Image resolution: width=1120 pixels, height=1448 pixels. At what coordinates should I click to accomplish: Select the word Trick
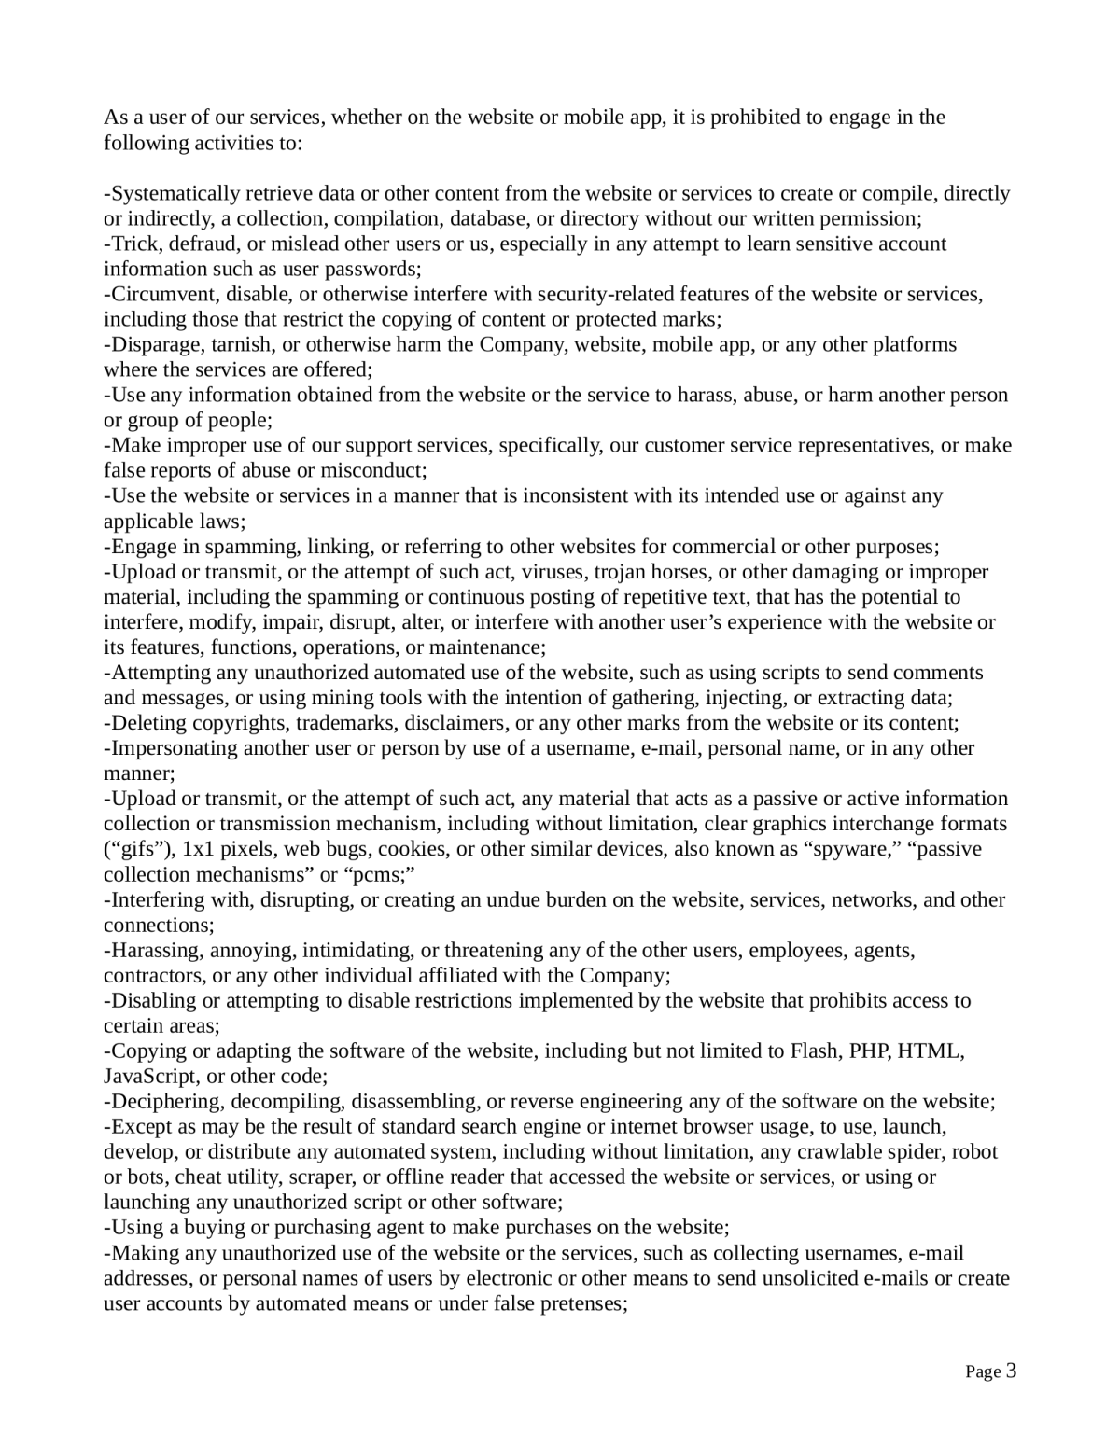[131, 244]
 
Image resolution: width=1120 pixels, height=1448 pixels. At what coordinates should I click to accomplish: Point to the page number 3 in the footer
[1011, 1371]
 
